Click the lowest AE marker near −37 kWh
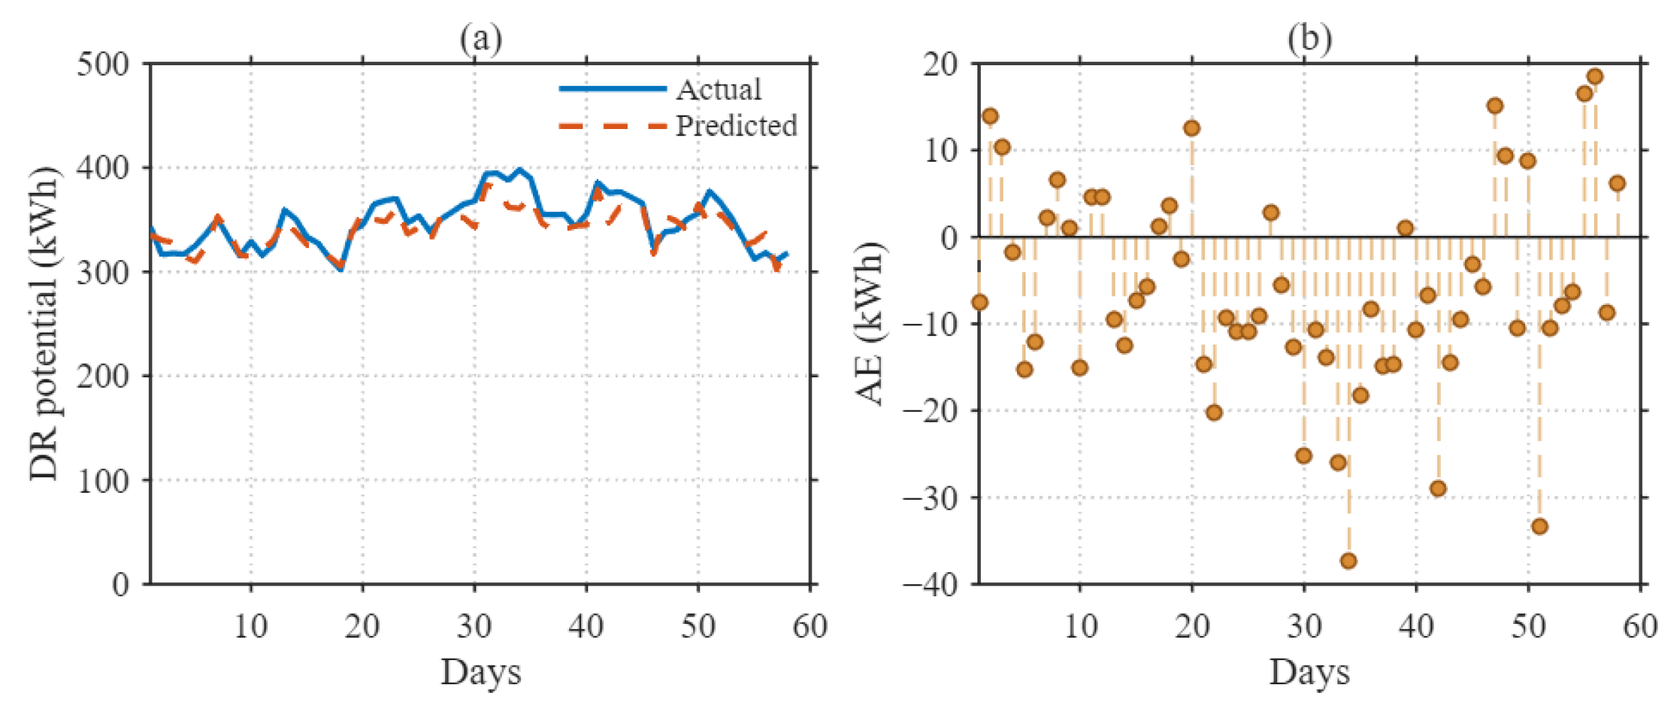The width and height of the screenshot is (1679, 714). tap(1348, 561)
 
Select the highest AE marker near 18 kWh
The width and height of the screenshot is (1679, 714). tap(1595, 77)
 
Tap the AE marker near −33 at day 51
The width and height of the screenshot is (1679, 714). tap(1539, 526)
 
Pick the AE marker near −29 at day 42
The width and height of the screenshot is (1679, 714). tap(1438, 489)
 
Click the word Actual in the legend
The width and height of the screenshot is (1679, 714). tap(719, 89)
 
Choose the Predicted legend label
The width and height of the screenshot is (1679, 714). tap(736, 125)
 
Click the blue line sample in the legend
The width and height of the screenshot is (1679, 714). tap(613, 89)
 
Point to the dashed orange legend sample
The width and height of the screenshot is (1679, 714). tap(613, 126)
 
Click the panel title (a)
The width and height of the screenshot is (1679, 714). tap(481, 38)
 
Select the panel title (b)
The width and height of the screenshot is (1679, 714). tap(1309, 38)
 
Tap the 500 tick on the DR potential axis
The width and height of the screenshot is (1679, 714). tap(103, 64)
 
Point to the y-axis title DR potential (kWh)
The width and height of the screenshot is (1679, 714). tap(44, 323)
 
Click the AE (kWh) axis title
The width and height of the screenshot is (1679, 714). tap(871, 323)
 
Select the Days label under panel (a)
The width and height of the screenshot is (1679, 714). tap(481, 671)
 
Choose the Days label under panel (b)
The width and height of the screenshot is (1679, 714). tap(1309, 671)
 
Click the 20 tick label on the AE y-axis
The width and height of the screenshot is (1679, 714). tap(940, 64)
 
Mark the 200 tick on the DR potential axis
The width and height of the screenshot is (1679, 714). tap(103, 376)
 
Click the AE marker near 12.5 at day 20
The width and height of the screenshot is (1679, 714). tap(1191, 128)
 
